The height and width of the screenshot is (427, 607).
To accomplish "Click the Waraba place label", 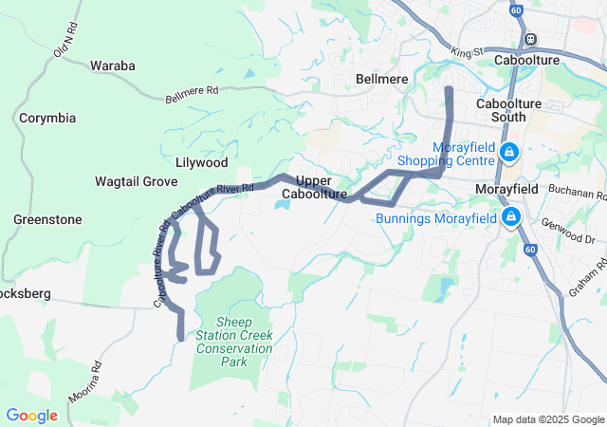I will click(x=113, y=65).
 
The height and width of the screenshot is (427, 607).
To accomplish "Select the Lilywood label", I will click(x=202, y=162).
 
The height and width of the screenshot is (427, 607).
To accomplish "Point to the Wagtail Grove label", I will click(x=137, y=180).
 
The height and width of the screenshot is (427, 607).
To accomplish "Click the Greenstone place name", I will click(x=47, y=219).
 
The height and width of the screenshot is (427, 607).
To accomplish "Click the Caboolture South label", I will click(x=507, y=109).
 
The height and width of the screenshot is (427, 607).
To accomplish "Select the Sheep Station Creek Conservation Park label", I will click(x=234, y=342).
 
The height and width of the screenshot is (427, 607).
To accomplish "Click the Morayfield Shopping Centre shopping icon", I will click(x=509, y=152).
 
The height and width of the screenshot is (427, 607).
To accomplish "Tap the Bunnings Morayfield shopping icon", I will click(x=511, y=218).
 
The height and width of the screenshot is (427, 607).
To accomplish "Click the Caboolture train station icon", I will click(x=529, y=39).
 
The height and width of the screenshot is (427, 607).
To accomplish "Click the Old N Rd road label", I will click(x=64, y=41).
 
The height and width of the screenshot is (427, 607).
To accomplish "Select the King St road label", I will click(x=468, y=51).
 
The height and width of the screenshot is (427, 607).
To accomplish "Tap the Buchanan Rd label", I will click(x=576, y=195).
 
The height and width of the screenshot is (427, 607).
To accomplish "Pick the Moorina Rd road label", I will click(x=84, y=380).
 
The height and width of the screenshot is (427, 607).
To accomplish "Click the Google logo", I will click(x=31, y=416).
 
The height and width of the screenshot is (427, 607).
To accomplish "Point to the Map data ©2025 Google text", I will click(x=548, y=420).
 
